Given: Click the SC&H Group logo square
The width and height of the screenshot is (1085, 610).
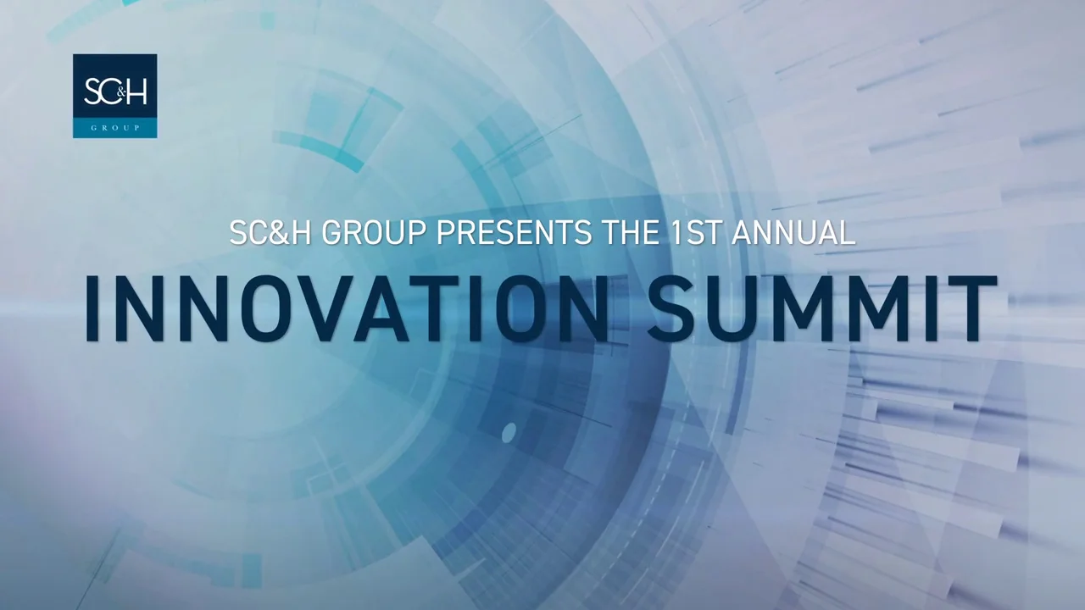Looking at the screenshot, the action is click(114, 96).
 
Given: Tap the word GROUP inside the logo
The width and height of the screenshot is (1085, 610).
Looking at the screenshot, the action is click(115, 128).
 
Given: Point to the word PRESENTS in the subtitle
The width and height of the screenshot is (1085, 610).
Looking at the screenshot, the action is click(514, 233).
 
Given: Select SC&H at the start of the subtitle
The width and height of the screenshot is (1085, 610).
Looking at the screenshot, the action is click(270, 233).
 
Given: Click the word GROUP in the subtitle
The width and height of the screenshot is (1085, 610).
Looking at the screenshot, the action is click(374, 233).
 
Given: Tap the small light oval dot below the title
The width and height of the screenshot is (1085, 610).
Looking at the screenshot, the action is click(509, 432).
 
